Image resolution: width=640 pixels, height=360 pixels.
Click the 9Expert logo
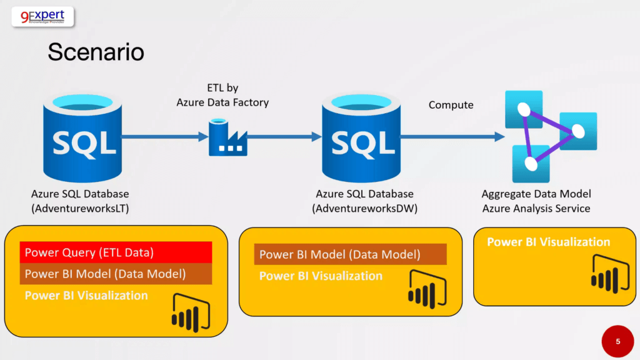point(43,17)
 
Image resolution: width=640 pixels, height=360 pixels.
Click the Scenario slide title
point(96,52)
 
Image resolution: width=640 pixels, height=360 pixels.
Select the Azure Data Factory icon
point(227,137)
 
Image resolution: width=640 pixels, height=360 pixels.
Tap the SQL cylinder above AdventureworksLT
point(82,138)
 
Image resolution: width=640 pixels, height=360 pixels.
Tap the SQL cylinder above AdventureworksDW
point(361,138)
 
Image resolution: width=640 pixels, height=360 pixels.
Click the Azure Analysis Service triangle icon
point(551,136)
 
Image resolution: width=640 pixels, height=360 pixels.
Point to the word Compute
point(451,105)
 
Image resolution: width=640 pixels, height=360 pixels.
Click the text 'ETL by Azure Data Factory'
point(222,95)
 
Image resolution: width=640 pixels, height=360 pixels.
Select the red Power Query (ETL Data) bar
point(116,252)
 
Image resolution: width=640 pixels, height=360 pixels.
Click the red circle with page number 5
point(617,341)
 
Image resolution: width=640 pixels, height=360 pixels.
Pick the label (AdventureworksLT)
point(80,209)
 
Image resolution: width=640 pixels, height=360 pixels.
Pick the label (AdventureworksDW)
point(364,209)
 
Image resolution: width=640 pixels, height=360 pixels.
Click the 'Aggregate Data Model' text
point(536,194)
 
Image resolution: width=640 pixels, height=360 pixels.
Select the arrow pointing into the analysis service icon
point(452,137)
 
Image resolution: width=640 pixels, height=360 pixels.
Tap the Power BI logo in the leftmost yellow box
point(191,312)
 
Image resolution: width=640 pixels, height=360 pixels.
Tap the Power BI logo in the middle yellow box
point(427,289)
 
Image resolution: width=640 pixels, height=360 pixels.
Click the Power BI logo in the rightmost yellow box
point(610,274)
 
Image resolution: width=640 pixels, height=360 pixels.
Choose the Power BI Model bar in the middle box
point(350,254)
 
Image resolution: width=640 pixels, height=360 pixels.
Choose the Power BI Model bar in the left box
point(116,274)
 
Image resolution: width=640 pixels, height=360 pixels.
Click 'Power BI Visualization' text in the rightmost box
point(549,242)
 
